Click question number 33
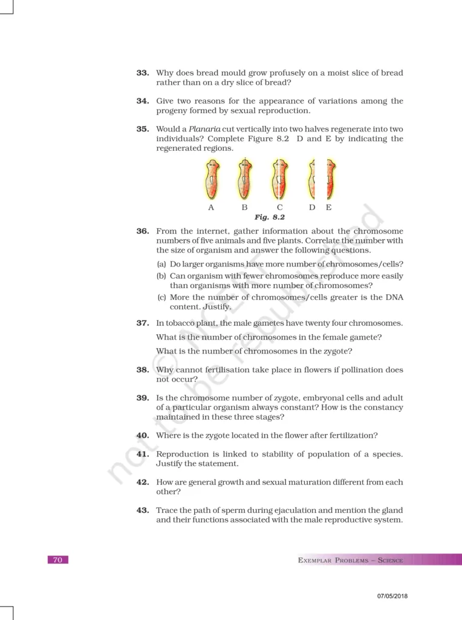(x=143, y=73)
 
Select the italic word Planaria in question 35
(x=206, y=129)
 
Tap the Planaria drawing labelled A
(x=211, y=180)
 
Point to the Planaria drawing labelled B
(x=244, y=180)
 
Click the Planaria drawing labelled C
(x=279, y=180)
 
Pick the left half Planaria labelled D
(x=312, y=180)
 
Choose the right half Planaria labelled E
(x=330, y=180)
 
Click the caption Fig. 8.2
(x=269, y=216)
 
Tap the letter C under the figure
(x=279, y=207)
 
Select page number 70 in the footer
(x=57, y=560)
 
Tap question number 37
(x=143, y=323)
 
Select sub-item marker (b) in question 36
(x=161, y=276)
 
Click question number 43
(x=143, y=510)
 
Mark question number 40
(x=143, y=435)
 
